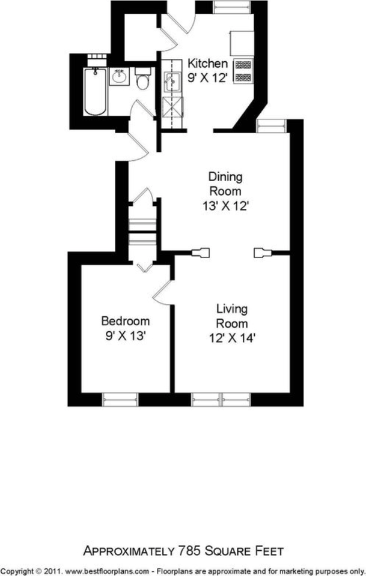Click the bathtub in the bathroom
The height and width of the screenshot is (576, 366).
coord(96,91)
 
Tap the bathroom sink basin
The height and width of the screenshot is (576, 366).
coord(119,77)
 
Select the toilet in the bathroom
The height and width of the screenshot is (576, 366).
coord(142,79)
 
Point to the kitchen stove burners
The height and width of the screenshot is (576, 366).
coord(243,71)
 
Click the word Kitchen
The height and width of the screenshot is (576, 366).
coord(207,63)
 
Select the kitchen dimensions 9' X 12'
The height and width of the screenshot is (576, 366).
coord(207,78)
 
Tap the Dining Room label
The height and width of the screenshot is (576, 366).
coord(225,184)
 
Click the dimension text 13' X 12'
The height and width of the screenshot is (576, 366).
coord(225,206)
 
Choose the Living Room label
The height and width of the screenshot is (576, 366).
coord(232,316)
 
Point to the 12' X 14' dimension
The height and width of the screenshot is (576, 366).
coord(232,338)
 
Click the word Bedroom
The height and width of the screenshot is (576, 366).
coord(126,321)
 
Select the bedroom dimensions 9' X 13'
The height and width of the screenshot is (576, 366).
coord(126,335)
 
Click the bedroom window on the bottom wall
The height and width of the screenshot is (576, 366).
coord(120,400)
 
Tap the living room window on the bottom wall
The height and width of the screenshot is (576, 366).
coord(221,400)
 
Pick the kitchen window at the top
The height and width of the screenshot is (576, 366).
coord(233,7)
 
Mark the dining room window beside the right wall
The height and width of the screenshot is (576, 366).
coord(272,126)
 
